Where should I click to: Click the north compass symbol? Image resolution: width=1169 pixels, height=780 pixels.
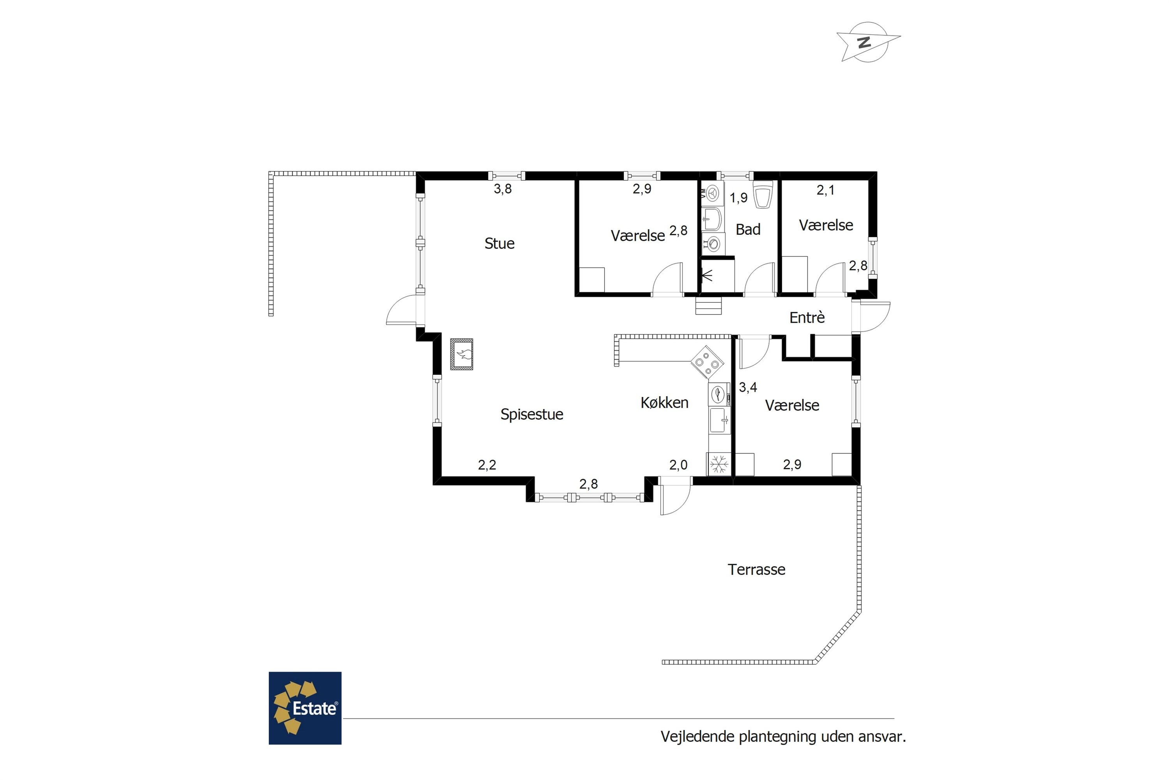click(x=868, y=42)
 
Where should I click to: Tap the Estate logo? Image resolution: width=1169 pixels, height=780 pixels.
click(x=305, y=708)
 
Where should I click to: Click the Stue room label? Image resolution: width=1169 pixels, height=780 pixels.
click(x=500, y=243)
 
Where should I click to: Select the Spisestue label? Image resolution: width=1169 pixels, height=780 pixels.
click(x=532, y=414)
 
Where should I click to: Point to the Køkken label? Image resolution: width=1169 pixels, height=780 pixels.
click(x=664, y=402)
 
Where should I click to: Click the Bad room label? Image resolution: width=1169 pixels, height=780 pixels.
click(x=748, y=229)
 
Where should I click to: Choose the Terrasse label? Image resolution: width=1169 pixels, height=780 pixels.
click(x=756, y=569)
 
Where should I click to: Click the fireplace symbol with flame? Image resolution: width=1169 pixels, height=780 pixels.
click(x=462, y=354)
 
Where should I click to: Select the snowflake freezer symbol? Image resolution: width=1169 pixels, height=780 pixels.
click(x=719, y=464)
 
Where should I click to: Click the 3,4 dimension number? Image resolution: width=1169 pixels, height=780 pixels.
click(x=748, y=387)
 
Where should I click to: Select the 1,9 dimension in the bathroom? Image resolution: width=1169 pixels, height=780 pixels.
click(x=738, y=198)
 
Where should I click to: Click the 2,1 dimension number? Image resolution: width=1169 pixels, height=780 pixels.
click(x=826, y=190)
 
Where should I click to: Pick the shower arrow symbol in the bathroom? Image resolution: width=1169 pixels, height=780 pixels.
click(x=707, y=275)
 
